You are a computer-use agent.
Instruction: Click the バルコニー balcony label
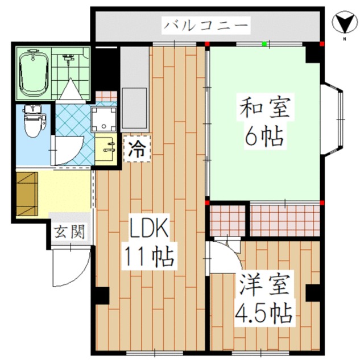coord(206,26)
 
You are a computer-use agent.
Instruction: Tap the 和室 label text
coord(265,108)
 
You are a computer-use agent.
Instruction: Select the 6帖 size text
coord(265,136)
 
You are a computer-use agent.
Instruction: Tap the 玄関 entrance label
coord(69,231)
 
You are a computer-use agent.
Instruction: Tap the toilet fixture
coord(34,120)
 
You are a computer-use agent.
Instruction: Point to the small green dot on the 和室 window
coord(264,43)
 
